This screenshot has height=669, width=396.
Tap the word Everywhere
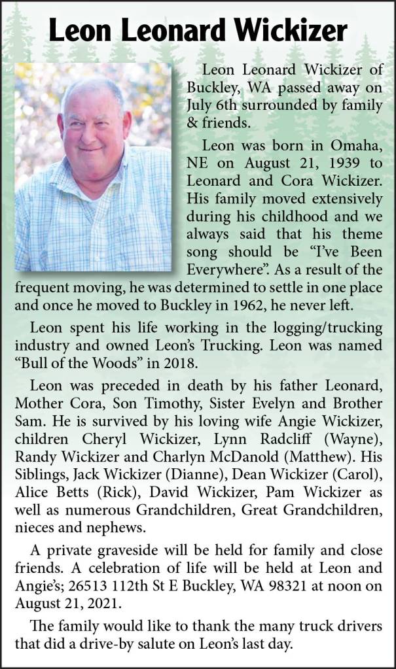225,269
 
